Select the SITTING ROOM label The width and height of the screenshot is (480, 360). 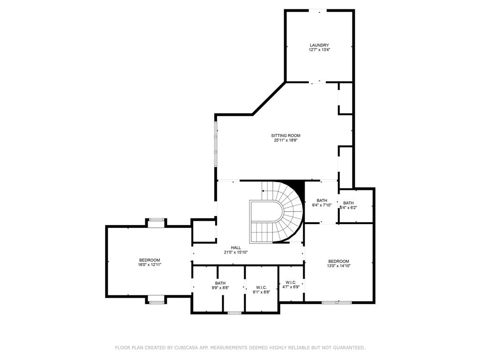285,135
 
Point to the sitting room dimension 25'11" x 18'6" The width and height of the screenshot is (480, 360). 285,140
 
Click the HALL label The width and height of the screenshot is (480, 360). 236,247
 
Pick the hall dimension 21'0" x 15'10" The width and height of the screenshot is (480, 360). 236,252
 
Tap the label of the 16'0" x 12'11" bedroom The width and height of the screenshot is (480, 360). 150,260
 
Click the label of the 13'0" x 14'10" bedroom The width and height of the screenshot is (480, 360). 338,261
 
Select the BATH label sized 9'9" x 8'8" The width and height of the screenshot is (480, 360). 220,283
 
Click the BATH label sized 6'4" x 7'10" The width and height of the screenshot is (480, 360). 322,200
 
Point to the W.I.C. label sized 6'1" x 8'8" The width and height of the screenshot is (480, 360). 261,287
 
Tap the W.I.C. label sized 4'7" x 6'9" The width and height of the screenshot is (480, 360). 291,283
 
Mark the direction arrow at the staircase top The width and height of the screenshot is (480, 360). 263,191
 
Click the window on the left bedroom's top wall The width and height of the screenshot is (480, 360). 156,219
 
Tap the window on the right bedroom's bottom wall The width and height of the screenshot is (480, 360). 336,302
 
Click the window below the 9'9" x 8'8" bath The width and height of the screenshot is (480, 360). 234,313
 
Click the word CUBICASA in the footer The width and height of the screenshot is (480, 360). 185,348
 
